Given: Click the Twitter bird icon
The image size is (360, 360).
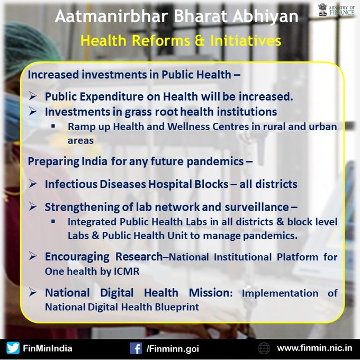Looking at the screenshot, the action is coord(13,348).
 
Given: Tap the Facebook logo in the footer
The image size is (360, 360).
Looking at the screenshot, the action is coord(136,348).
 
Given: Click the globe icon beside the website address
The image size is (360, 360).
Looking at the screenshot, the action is coord(264,348).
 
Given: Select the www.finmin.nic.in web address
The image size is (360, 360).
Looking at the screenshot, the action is coord(314,348).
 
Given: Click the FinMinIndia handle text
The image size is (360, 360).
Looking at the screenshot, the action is coord(48,348).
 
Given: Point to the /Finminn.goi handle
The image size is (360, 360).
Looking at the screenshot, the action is coord(173,349).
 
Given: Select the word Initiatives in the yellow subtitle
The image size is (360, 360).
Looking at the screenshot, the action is coord(246,40).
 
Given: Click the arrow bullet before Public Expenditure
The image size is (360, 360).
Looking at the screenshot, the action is coord(33,96).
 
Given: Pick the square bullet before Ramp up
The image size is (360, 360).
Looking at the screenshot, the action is coord(53,126).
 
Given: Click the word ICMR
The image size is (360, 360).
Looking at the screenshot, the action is coord(127,272).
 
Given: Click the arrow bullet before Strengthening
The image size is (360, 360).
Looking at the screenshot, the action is coord(33,206).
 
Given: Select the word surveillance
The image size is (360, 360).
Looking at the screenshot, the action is coord(257,207).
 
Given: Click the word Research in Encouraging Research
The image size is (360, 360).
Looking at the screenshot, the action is coord(139,257).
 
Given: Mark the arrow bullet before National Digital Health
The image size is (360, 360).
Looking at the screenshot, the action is coord(33,292).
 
